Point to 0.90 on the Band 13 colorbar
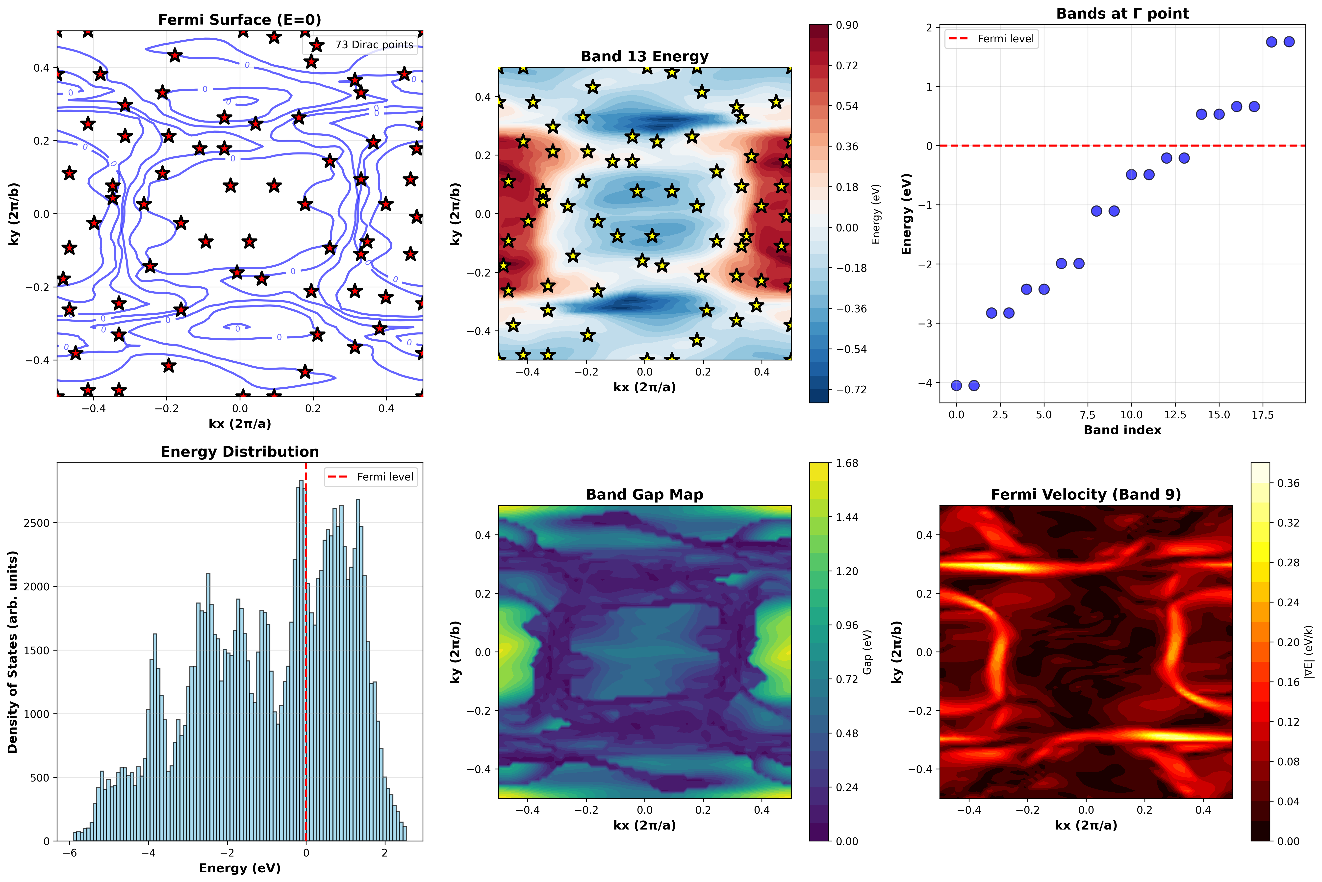point(847,25)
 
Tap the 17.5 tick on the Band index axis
point(1262,415)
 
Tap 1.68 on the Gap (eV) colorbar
point(847,463)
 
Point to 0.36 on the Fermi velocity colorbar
point(1288,483)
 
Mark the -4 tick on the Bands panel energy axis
point(925,383)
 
